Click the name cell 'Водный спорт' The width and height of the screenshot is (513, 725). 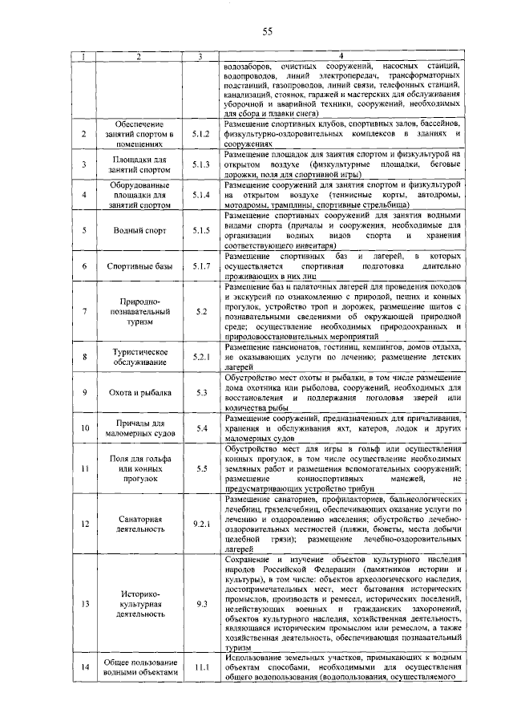[139, 231]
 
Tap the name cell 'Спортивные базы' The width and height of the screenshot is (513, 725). [139, 265]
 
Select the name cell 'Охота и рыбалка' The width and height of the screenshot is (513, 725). [139, 393]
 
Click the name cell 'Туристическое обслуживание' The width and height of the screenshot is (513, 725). [139, 358]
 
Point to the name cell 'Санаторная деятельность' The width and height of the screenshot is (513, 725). [139, 524]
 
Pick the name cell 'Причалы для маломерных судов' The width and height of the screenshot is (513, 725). [139, 429]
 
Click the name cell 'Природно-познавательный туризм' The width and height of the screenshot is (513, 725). [139, 310]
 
